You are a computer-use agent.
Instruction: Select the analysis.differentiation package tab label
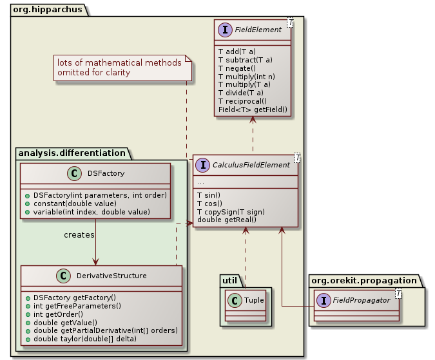(x=73, y=153)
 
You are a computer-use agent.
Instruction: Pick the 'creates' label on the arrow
(x=79, y=234)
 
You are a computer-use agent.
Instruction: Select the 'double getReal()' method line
(x=226, y=220)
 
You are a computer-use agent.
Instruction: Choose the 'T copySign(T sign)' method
(x=231, y=211)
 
